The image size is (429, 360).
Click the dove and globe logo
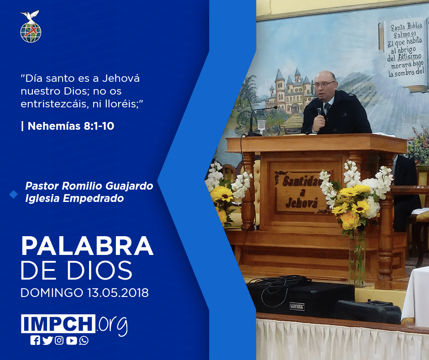tap(31, 26)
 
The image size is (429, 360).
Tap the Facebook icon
tap(35, 340)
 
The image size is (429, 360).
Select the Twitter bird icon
tap(47, 340)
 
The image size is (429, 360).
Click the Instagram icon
tap(59, 340)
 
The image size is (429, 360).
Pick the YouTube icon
tap(71, 340)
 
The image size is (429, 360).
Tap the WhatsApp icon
tap(84, 340)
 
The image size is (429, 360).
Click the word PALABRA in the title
tap(87, 246)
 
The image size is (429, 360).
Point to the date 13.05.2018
tap(118, 292)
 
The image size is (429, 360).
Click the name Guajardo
tap(129, 186)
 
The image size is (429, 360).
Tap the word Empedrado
tap(93, 198)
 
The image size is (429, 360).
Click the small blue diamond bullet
tap(13, 195)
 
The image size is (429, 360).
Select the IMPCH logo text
tap(58, 323)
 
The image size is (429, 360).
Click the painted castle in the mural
tap(290, 92)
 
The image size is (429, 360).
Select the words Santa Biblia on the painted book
tap(406, 26)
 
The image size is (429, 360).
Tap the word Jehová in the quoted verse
tap(121, 79)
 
